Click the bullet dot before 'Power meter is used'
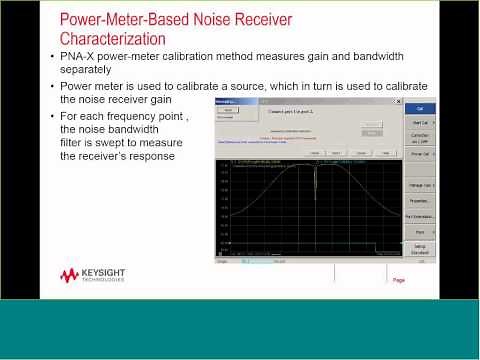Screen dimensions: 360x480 click(x=53, y=86)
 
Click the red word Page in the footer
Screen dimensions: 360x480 click(x=399, y=280)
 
